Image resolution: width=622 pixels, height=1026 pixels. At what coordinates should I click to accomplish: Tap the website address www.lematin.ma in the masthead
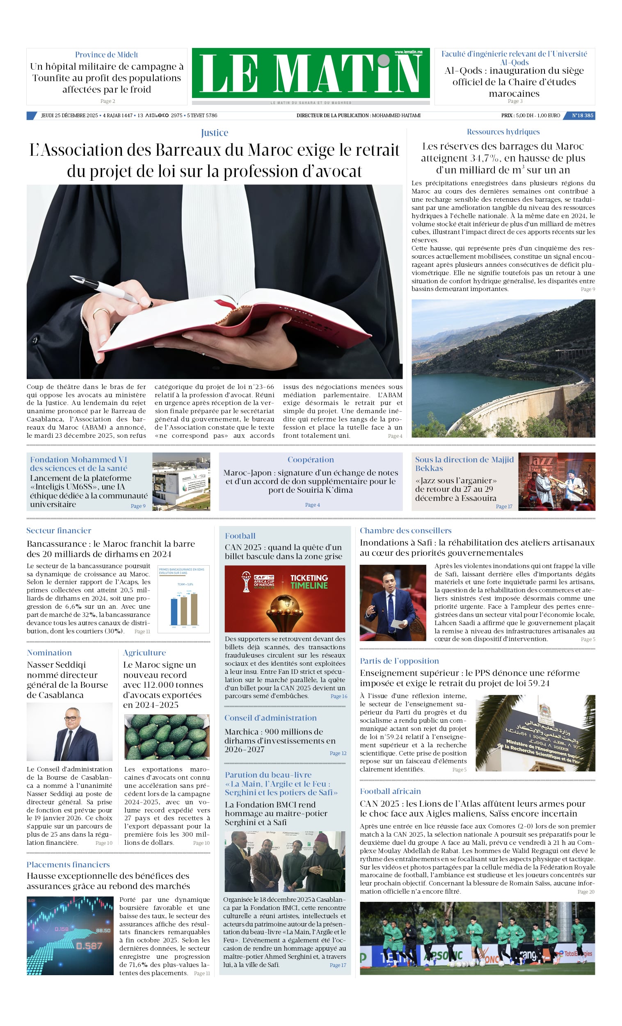[x=408, y=52]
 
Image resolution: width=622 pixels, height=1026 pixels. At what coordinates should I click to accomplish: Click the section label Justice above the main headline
[x=214, y=133]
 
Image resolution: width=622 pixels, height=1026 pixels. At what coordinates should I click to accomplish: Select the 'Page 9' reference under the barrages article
[x=588, y=289]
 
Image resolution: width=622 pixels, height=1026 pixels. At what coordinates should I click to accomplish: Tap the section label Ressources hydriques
[x=503, y=132]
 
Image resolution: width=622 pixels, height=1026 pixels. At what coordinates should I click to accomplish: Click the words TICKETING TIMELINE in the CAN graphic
[x=309, y=581]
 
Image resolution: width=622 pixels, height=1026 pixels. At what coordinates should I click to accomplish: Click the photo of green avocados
[x=167, y=737]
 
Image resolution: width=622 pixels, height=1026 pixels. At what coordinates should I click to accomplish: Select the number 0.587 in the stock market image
[x=89, y=946]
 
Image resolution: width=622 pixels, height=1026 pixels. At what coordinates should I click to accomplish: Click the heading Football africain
[x=390, y=791]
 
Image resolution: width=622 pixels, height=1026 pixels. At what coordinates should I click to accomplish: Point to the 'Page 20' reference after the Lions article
[x=586, y=892]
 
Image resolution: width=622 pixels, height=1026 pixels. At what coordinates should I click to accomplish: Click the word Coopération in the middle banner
[x=311, y=460]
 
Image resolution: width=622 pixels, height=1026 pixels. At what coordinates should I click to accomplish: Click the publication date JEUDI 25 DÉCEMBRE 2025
[x=69, y=115]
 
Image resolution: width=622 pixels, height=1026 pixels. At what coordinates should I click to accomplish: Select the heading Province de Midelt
[x=106, y=55]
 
